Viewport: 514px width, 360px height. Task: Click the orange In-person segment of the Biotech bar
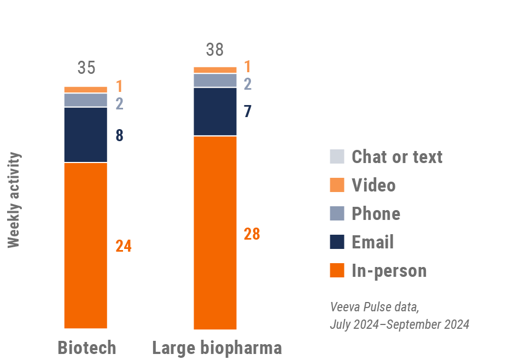(86, 245)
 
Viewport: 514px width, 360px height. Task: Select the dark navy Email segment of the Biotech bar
(86, 135)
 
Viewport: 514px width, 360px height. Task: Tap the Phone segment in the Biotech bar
(86, 100)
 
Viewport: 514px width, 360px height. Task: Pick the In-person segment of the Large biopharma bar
(215, 233)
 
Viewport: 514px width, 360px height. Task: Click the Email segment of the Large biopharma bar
(215, 112)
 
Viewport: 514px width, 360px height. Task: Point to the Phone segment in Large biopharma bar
(215, 80)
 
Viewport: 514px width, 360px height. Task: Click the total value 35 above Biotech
(86, 68)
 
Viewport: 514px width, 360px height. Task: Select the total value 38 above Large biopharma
(215, 50)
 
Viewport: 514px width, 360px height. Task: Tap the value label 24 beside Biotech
(124, 246)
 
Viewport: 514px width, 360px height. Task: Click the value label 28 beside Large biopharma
(252, 234)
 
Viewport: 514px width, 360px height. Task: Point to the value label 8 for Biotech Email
(119, 136)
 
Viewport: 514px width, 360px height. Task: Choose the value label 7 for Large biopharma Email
(248, 112)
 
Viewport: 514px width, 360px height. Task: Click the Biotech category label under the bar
(87, 347)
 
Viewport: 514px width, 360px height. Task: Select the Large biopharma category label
(217, 347)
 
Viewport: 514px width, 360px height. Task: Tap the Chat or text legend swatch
(337, 156)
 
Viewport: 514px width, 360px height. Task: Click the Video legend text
(373, 185)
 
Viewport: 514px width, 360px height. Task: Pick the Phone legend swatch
(337, 213)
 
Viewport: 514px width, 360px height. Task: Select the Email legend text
(372, 242)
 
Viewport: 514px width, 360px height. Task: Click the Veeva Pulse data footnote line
(375, 306)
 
